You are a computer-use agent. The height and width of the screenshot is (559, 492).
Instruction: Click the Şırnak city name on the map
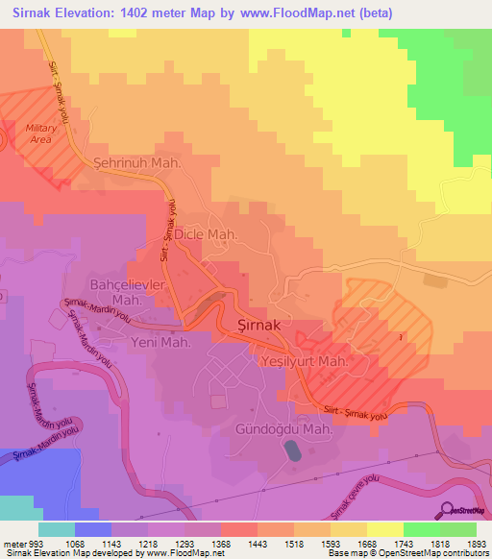258,325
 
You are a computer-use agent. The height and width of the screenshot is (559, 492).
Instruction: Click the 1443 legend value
258,542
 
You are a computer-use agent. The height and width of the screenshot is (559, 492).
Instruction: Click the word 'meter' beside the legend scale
14,542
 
